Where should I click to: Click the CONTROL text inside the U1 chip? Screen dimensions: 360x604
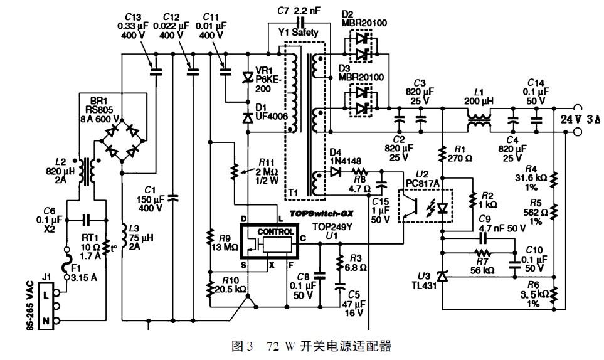pos(275,231)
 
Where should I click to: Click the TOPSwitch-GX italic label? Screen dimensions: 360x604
pos(316,213)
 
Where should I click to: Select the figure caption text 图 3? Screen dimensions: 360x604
pos(241,346)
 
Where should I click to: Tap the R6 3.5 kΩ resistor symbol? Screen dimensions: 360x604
pos(554,293)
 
